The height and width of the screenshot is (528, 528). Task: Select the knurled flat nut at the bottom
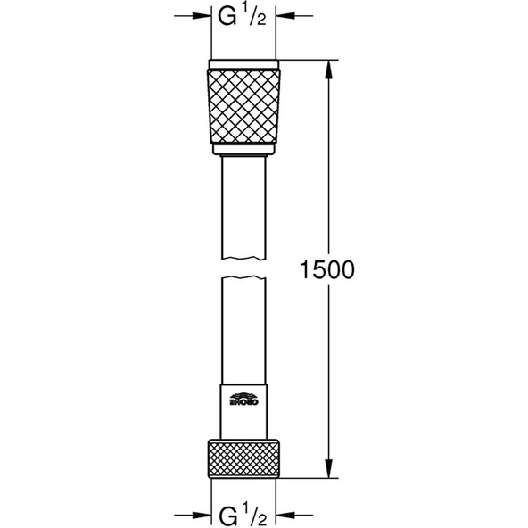click(x=243, y=458)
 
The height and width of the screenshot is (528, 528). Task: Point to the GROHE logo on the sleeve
click(x=243, y=399)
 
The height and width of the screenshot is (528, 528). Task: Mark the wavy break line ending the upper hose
click(x=243, y=260)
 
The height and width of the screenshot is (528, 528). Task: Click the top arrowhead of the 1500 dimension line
click(x=331, y=66)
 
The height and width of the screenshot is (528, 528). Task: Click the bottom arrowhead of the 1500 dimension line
click(x=331, y=472)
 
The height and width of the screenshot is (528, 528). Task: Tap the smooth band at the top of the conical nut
click(x=243, y=65)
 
